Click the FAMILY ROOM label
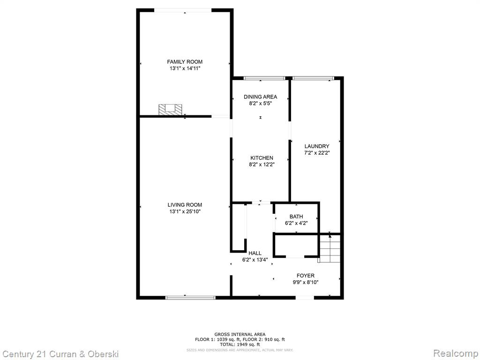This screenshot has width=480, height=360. tap(185, 62)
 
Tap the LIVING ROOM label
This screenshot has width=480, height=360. tap(185, 205)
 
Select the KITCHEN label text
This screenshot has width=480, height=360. tap(262, 158)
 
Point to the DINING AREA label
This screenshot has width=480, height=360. tap(260, 97)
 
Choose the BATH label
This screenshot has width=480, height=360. tap(296, 217)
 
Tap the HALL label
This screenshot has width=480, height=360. tap(255, 253)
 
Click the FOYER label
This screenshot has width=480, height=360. tap(306, 276)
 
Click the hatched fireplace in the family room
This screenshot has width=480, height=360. tap(170, 110)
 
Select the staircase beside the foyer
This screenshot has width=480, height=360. tap(330, 248)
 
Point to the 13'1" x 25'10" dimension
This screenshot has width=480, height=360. tap(185, 211)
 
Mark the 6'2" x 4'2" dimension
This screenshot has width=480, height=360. tap(296, 223)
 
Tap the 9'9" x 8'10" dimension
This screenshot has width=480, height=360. tap(306, 282)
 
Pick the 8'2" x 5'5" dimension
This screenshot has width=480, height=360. tap(260, 104)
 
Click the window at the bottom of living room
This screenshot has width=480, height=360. tap(190, 297)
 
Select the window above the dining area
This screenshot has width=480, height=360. tap(264, 78)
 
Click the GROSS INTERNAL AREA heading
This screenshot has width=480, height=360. tap(240, 334)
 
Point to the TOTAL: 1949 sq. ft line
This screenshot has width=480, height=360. tap(240, 345)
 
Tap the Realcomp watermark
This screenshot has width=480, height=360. tap(456, 353)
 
